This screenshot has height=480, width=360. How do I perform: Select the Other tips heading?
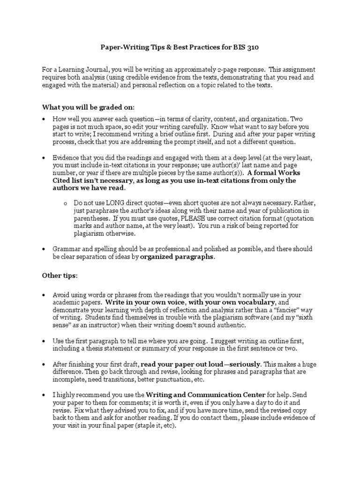click(60, 275)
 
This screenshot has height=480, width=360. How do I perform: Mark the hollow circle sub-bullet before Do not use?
click(66, 203)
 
